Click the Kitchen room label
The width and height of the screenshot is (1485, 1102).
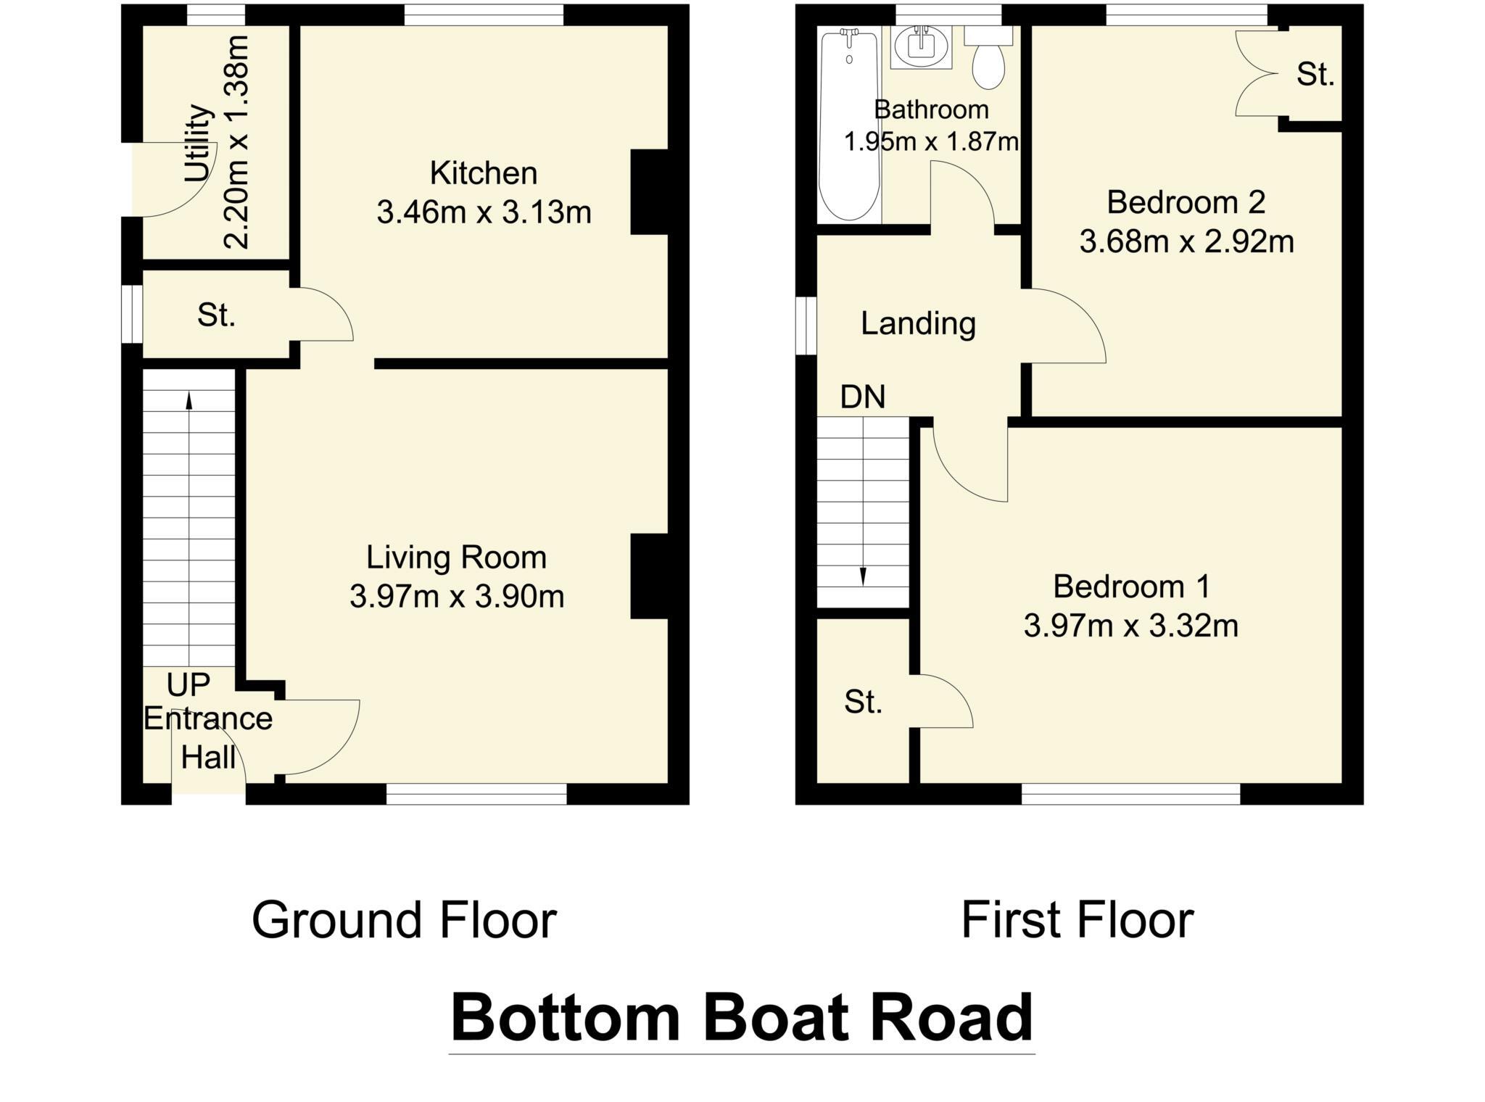pos(484,174)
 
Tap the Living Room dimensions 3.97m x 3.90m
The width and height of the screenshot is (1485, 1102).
pos(457,597)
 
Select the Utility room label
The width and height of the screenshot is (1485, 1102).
pos(198,144)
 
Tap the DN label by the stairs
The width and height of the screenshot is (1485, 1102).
pos(863,397)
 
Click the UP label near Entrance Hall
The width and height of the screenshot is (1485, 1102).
pos(188,684)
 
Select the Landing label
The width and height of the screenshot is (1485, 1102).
pos(918,323)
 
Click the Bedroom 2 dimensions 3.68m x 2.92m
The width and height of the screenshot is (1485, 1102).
pos(1186,241)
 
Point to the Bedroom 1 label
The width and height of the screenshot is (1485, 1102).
pos(1131,587)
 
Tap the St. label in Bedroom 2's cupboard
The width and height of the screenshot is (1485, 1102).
pos(1315,75)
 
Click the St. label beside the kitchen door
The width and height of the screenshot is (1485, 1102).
pos(216,315)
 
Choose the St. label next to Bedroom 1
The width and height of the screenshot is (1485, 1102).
pos(863,702)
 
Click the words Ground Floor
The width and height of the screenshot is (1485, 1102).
pos(404,921)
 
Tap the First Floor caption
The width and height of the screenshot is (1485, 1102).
pos(1077,921)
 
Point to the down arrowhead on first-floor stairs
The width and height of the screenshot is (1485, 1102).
pos(863,577)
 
